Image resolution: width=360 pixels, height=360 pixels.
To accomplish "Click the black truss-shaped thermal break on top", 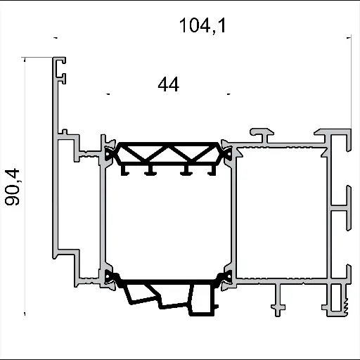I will tap(167, 154).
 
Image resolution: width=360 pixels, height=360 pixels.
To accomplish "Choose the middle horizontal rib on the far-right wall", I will tap(340, 209).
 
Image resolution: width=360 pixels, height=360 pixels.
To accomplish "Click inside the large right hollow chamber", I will tap(281, 211).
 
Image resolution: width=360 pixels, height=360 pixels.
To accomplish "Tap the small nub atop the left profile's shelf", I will tap(65, 131).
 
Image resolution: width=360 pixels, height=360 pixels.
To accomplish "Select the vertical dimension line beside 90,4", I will tap(25, 186).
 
